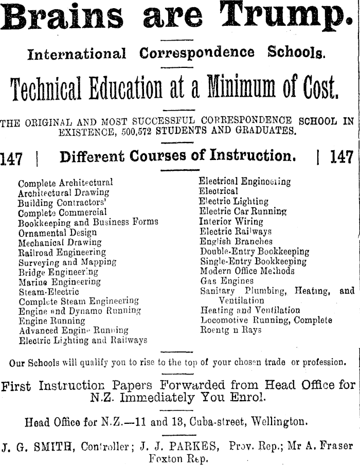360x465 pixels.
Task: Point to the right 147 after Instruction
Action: pyautogui.click(x=342, y=157)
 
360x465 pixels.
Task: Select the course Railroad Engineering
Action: pyautogui.click(x=62, y=252)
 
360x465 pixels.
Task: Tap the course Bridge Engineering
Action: pyautogui.click(x=58, y=272)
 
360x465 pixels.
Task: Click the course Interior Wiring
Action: pyautogui.click(x=231, y=222)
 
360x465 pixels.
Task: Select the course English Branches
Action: pyautogui.click(x=236, y=241)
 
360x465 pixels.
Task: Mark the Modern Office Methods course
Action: pyautogui.click(x=247, y=271)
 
